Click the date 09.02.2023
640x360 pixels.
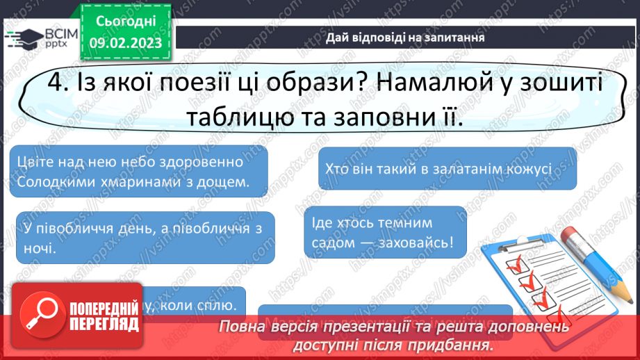click(126, 42)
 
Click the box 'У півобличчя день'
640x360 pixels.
click(145, 238)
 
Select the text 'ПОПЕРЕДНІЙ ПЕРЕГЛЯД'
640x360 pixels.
click(103, 317)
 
